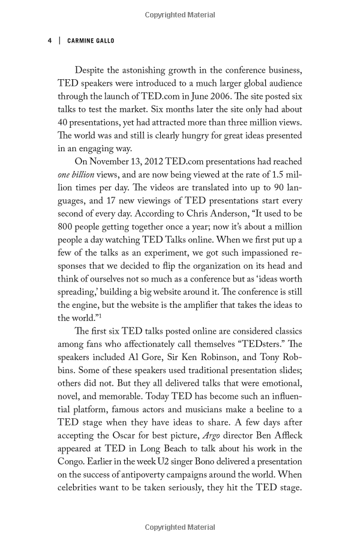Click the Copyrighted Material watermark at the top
[180, 13]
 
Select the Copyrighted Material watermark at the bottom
[180, 527]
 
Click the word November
[110, 161]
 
